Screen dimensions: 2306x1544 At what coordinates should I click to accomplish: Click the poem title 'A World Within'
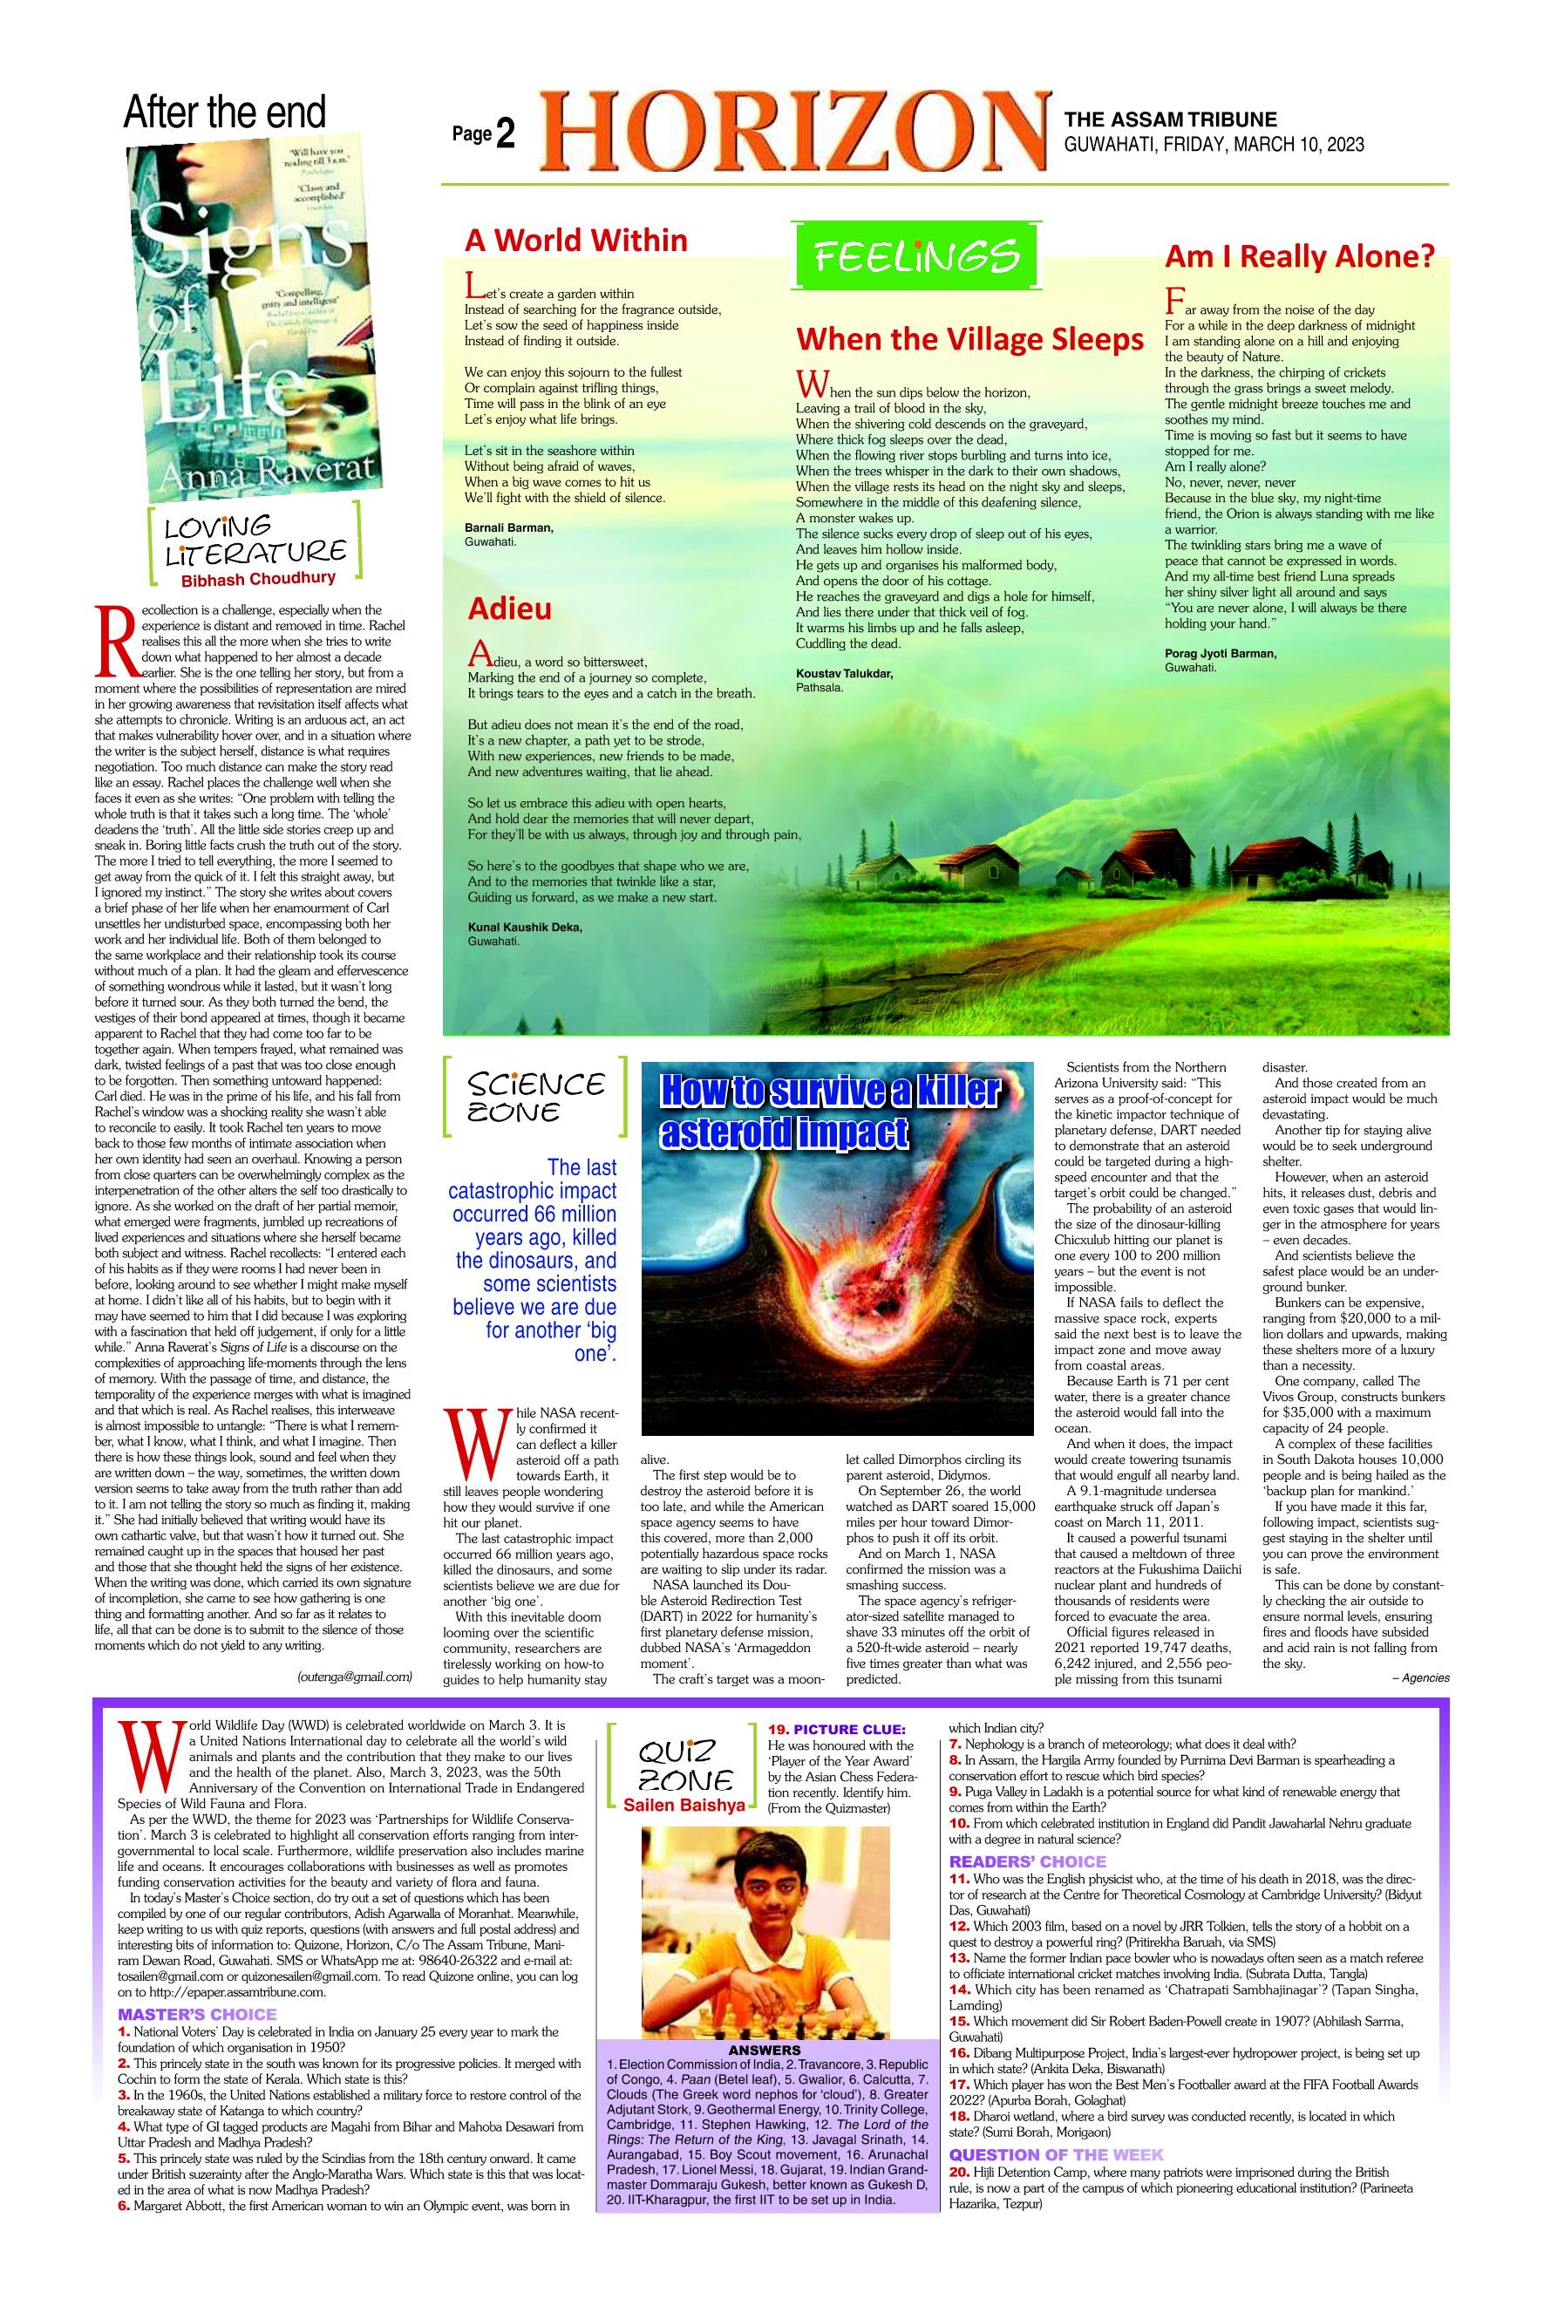pyautogui.click(x=576, y=241)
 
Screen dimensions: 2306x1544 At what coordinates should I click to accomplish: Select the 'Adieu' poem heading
pyautogui.click(x=509, y=609)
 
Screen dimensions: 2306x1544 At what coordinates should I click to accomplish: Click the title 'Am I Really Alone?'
pyautogui.click(x=1300, y=257)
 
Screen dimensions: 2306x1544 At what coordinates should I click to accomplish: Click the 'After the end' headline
pyautogui.click(x=225, y=113)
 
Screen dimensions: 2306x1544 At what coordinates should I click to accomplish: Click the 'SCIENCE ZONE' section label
pyautogui.click(x=535, y=1097)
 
